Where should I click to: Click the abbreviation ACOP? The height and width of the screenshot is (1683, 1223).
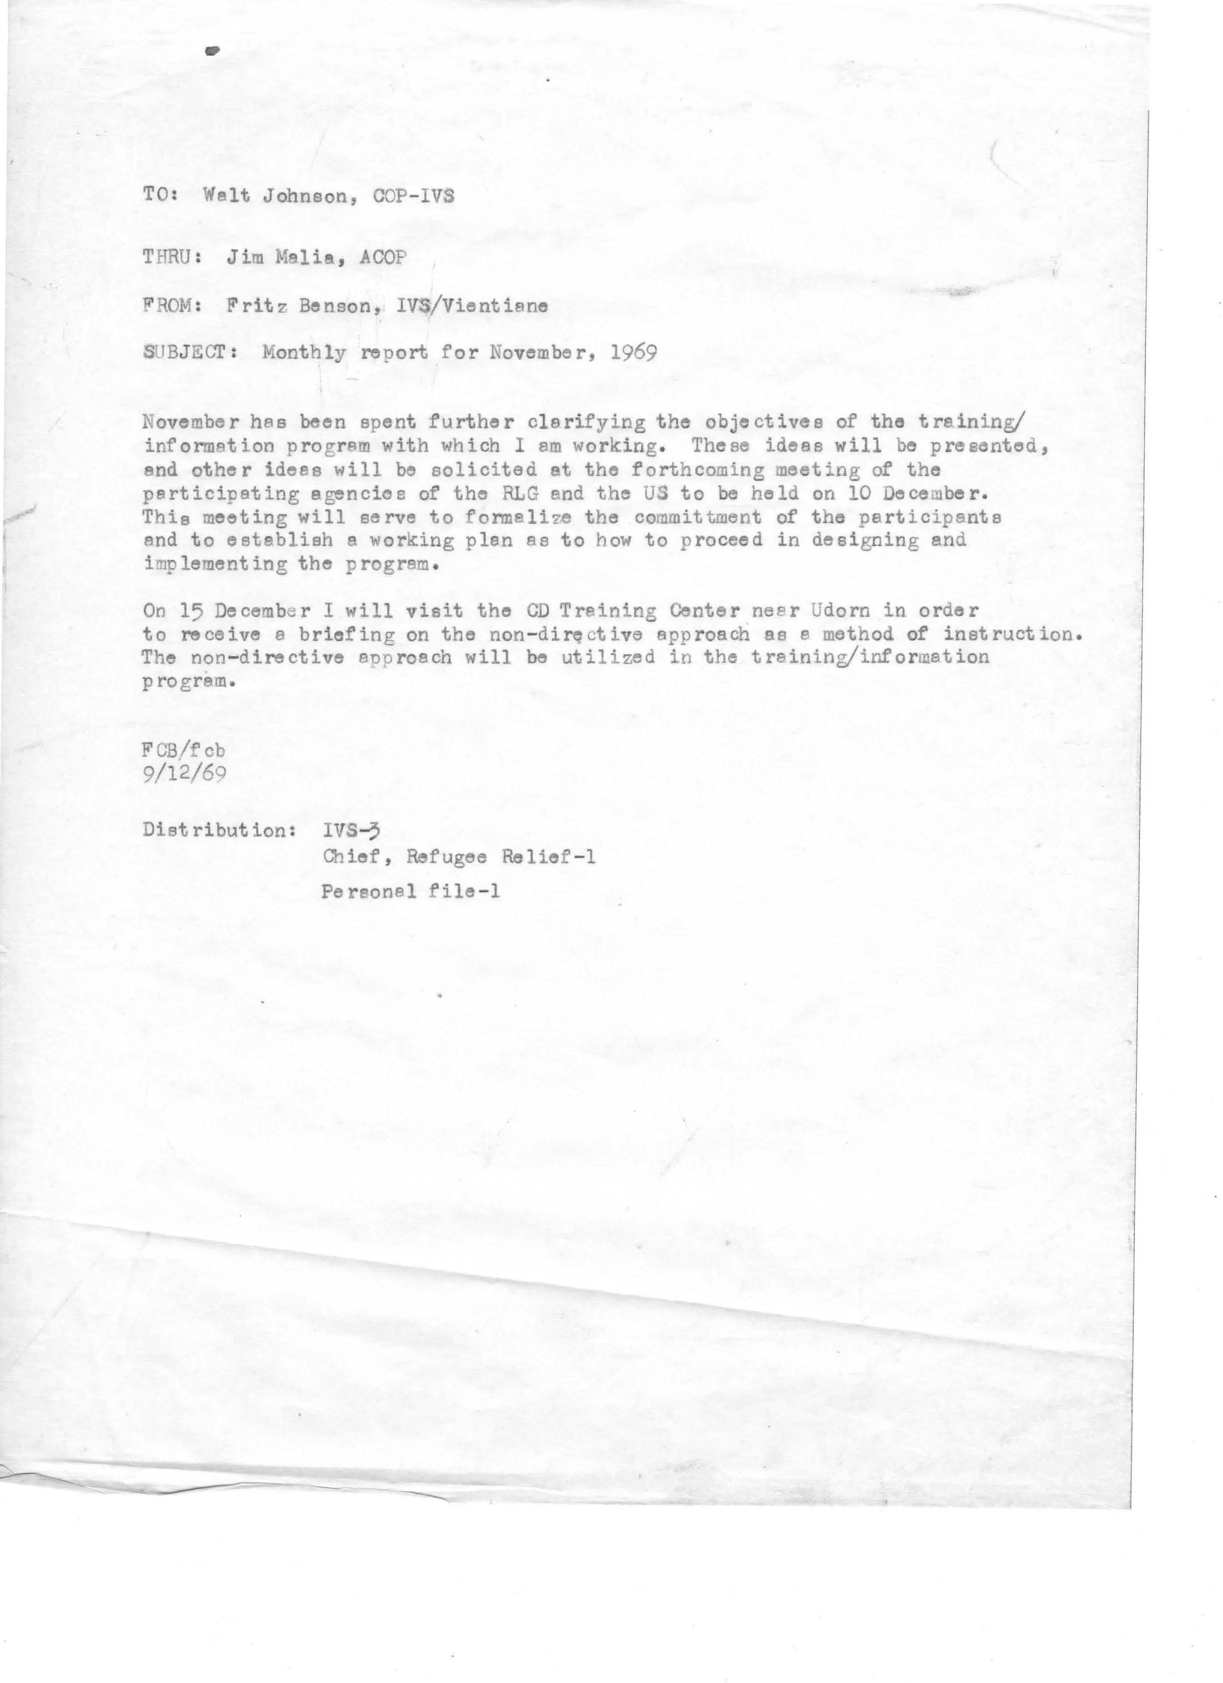point(380,258)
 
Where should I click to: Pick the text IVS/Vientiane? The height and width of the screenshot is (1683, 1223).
point(473,305)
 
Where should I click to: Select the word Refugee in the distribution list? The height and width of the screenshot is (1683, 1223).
point(443,857)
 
